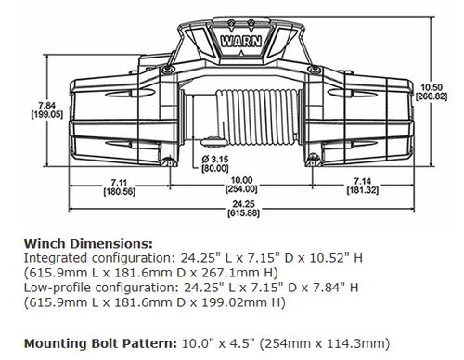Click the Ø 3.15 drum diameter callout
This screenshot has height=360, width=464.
click(214, 159)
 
